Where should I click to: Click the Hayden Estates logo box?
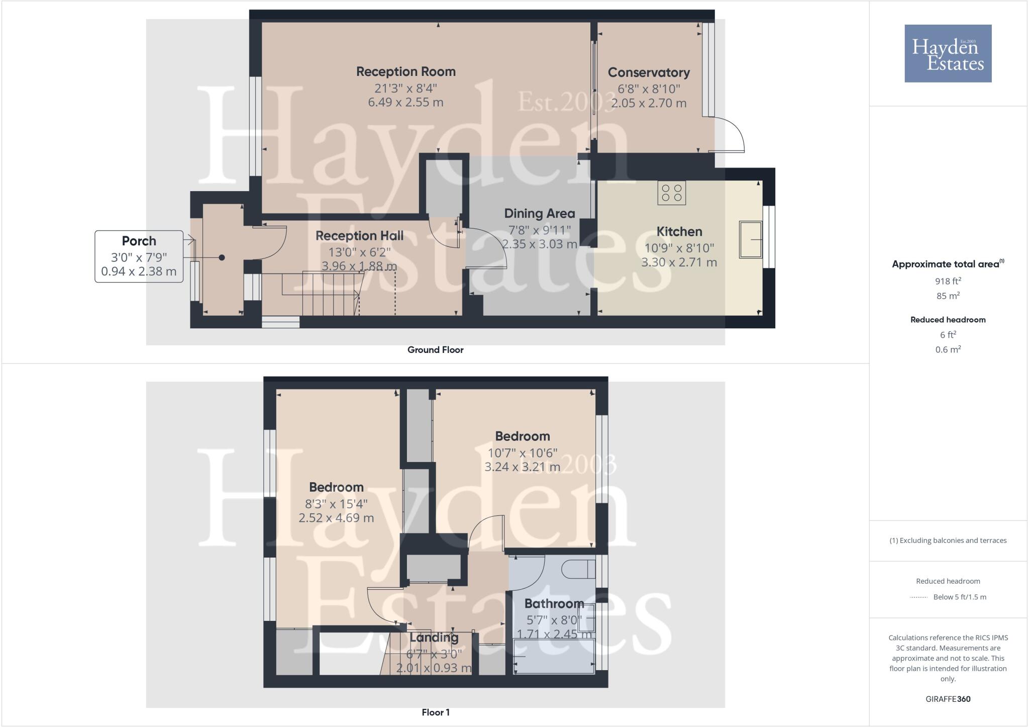[948, 53]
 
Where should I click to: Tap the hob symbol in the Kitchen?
[672, 193]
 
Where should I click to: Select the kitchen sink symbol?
[751, 240]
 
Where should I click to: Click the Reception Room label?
[406, 72]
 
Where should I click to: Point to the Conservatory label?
[649, 73]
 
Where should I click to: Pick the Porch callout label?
[139, 241]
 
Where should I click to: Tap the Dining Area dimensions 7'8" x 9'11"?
[539, 230]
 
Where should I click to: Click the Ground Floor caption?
[435, 350]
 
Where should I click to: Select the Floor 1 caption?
[436, 712]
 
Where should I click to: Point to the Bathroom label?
[554, 603]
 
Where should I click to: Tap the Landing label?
[434, 638]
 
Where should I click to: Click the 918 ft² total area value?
[948, 281]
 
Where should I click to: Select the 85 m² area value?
[948, 296]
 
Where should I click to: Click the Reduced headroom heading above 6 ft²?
[948, 320]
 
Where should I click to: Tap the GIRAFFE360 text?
[948, 699]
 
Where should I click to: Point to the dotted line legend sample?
[918, 597]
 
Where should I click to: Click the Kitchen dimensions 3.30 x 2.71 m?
[679, 262]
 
